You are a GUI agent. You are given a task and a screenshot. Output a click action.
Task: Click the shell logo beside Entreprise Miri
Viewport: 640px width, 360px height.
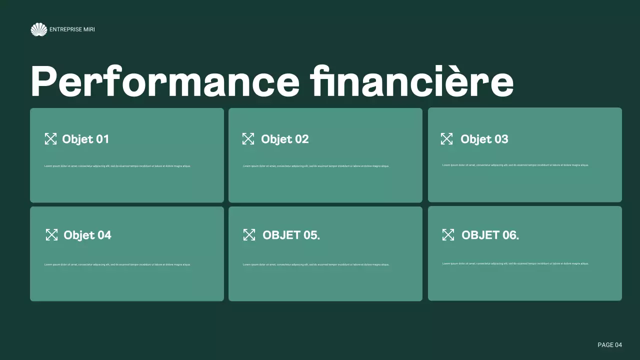click(38, 29)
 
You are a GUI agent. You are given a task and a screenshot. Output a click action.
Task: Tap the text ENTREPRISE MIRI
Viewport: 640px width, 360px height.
click(72, 29)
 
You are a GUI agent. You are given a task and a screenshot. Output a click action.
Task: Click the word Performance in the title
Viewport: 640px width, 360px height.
click(164, 81)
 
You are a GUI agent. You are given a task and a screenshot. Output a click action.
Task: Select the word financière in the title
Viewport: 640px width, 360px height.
click(411, 81)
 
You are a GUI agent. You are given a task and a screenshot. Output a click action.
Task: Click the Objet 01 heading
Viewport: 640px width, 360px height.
click(85, 139)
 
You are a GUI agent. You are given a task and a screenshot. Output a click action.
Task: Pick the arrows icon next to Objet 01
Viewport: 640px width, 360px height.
click(50, 139)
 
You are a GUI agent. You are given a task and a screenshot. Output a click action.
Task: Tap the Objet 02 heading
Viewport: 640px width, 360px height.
click(284, 139)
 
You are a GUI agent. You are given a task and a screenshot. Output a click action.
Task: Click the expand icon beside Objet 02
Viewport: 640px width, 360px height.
click(248, 139)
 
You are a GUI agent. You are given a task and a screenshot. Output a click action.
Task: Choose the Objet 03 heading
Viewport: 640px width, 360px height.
click(484, 139)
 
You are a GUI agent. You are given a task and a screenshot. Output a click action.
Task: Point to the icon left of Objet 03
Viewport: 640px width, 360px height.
click(446, 139)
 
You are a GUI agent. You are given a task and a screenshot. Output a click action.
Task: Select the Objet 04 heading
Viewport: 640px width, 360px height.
click(87, 235)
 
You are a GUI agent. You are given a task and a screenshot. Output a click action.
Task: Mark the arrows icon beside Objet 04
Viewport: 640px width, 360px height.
click(51, 235)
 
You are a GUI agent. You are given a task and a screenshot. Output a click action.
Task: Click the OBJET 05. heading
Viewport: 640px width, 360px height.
click(291, 235)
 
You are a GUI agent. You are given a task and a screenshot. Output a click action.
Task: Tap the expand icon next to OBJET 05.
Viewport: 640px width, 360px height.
click(249, 235)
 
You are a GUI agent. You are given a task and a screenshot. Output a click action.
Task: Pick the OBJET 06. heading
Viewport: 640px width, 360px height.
click(490, 235)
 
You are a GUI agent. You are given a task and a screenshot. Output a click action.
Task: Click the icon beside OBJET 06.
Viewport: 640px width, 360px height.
click(448, 235)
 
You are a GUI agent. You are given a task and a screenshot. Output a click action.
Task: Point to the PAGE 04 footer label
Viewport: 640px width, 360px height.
click(609, 345)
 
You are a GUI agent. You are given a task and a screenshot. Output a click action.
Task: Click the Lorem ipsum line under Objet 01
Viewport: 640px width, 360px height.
click(117, 166)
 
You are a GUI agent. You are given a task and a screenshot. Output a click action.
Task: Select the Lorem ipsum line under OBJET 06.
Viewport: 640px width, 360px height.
click(515, 263)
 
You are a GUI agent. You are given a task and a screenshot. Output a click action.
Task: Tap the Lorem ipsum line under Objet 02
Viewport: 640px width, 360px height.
click(316, 166)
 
